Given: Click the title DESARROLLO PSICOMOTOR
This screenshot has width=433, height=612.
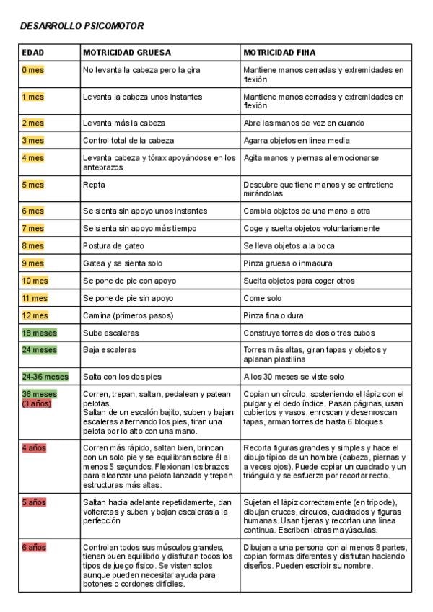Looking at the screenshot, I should click(x=82, y=26).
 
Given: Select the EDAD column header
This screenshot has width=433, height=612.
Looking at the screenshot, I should click(x=33, y=53).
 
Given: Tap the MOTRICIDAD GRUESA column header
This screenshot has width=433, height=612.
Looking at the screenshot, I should click(x=127, y=53).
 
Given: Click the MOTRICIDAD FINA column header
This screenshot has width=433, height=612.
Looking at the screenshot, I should click(x=279, y=53).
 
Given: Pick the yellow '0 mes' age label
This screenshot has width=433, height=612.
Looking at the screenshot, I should click(x=33, y=70).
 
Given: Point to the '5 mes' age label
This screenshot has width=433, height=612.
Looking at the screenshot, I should click(x=33, y=184).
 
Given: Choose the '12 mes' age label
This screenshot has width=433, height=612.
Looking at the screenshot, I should click(x=35, y=315).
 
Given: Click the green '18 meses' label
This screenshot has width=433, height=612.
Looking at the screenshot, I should click(x=39, y=333).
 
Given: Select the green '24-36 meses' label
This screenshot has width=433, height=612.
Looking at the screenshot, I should click(x=45, y=376).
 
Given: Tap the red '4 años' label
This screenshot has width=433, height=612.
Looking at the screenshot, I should click(x=34, y=447).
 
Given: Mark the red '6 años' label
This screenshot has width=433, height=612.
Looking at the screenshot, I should click(x=34, y=547).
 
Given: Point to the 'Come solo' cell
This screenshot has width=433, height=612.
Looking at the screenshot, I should click(x=263, y=298).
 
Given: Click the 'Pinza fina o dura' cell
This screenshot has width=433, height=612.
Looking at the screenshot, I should click(x=274, y=315).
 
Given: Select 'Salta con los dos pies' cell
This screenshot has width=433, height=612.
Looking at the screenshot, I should click(x=121, y=376).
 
